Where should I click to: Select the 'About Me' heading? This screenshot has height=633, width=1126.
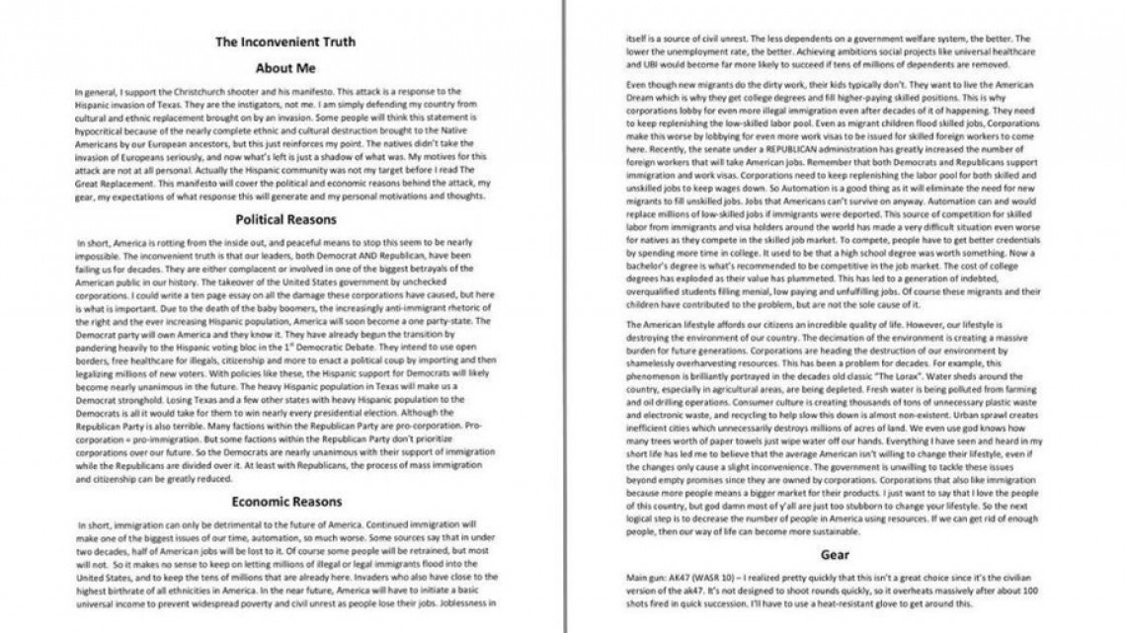(x=284, y=68)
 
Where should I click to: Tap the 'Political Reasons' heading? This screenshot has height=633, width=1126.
(x=284, y=219)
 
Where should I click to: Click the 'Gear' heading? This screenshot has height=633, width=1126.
(x=835, y=555)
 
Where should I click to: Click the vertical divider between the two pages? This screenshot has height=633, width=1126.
(x=566, y=316)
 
